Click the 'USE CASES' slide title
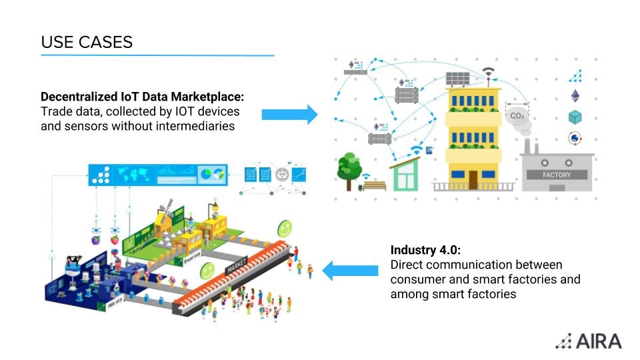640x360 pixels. coord(87,42)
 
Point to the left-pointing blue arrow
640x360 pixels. coord(351,271)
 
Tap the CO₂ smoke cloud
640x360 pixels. coord(517,115)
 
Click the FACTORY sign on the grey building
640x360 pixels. coord(557,175)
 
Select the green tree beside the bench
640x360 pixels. coord(349,167)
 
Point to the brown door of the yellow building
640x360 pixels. coord(473,179)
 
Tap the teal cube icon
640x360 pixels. coord(575,117)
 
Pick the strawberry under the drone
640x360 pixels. coord(115,239)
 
